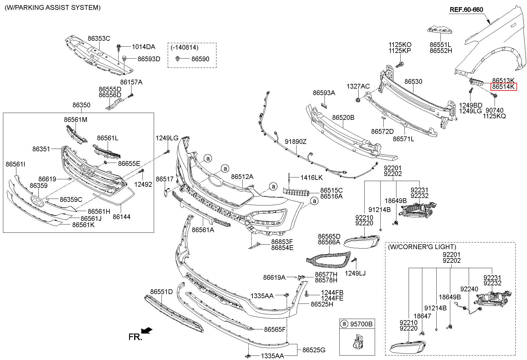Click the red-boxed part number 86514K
pyautogui.click(x=504, y=87)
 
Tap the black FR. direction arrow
pyautogui.click(x=147, y=330)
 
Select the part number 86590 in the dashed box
pyautogui.click(x=200, y=59)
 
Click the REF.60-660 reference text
pyautogui.click(x=466, y=10)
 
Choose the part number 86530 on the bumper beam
pyautogui.click(x=413, y=81)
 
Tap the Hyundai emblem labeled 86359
pyautogui.click(x=37, y=202)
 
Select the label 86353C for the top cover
pyautogui.click(x=99, y=38)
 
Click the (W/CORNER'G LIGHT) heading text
pyautogui.click(x=422, y=247)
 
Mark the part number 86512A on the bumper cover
pyautogui.click(x=242, y=177)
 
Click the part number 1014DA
pyautogui.click(x=143, y=47)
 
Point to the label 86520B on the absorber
pyautogui.click(x=343, y=117)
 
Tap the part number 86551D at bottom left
pyautogui.click(x=161, y=292)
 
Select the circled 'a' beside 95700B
pyautogui.click(x=344, y=323)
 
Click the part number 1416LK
pyautogui.click(x=311, y=177)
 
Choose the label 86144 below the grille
pyautogui.click(x=121, y=217)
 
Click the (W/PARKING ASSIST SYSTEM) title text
pyautogui.click(x=53, y=8)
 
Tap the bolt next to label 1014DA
pyautogui.click(x=119, y=47)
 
